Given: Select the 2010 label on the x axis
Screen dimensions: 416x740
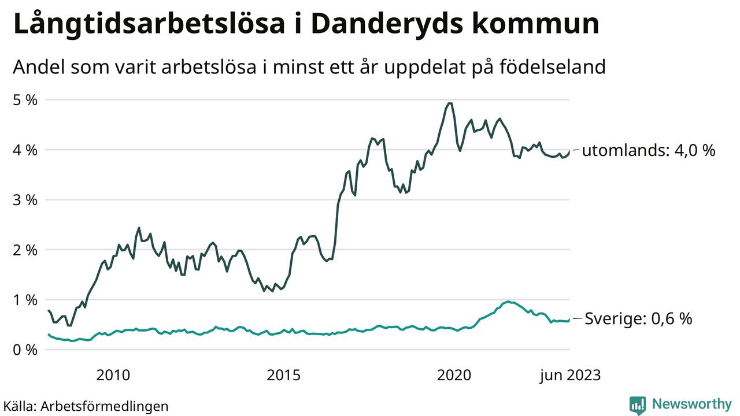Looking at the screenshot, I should pos(113,376).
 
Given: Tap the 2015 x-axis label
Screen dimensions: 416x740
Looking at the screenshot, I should pos(283,376).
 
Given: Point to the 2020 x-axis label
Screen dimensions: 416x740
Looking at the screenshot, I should pos(454,376).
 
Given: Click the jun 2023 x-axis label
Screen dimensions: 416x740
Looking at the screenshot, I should pos(570,376).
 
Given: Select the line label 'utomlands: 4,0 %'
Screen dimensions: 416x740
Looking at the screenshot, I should pos(649,151).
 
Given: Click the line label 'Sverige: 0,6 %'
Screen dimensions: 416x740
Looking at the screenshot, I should pos(638,318).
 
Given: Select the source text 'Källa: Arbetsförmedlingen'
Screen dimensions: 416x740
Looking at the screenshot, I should pos(86,406).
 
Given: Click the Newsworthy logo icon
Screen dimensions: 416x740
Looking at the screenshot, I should pos(638,404).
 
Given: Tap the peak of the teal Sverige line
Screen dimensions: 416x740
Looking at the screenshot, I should pos(508,302).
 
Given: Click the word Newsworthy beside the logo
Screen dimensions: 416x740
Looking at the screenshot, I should pos(692,404).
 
